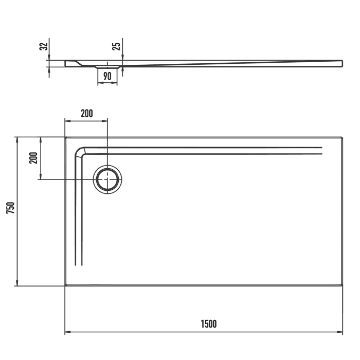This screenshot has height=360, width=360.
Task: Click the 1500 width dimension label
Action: click(x=208, y=323)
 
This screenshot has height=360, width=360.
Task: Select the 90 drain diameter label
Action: click(x=107, y=76)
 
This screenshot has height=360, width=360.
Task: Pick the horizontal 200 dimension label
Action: click(x=86, y=113)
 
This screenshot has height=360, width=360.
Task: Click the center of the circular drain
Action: click(x=107, y=179)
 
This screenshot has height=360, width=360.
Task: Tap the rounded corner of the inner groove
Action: click(x=80, y=151)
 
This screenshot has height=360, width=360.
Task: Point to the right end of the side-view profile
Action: click(x=342, y=63)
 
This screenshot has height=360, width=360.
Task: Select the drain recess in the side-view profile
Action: click(x=107, y=66)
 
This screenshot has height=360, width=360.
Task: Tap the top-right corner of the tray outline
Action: click(x=342, y=137)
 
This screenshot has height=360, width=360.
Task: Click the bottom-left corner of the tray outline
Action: click(x=65, y=285)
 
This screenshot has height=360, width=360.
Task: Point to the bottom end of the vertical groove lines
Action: click(x=78, y=265)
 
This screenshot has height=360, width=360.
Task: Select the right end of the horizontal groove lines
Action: click(x=322, y=150)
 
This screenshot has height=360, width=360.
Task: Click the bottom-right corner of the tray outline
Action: click(x=342, y=285)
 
